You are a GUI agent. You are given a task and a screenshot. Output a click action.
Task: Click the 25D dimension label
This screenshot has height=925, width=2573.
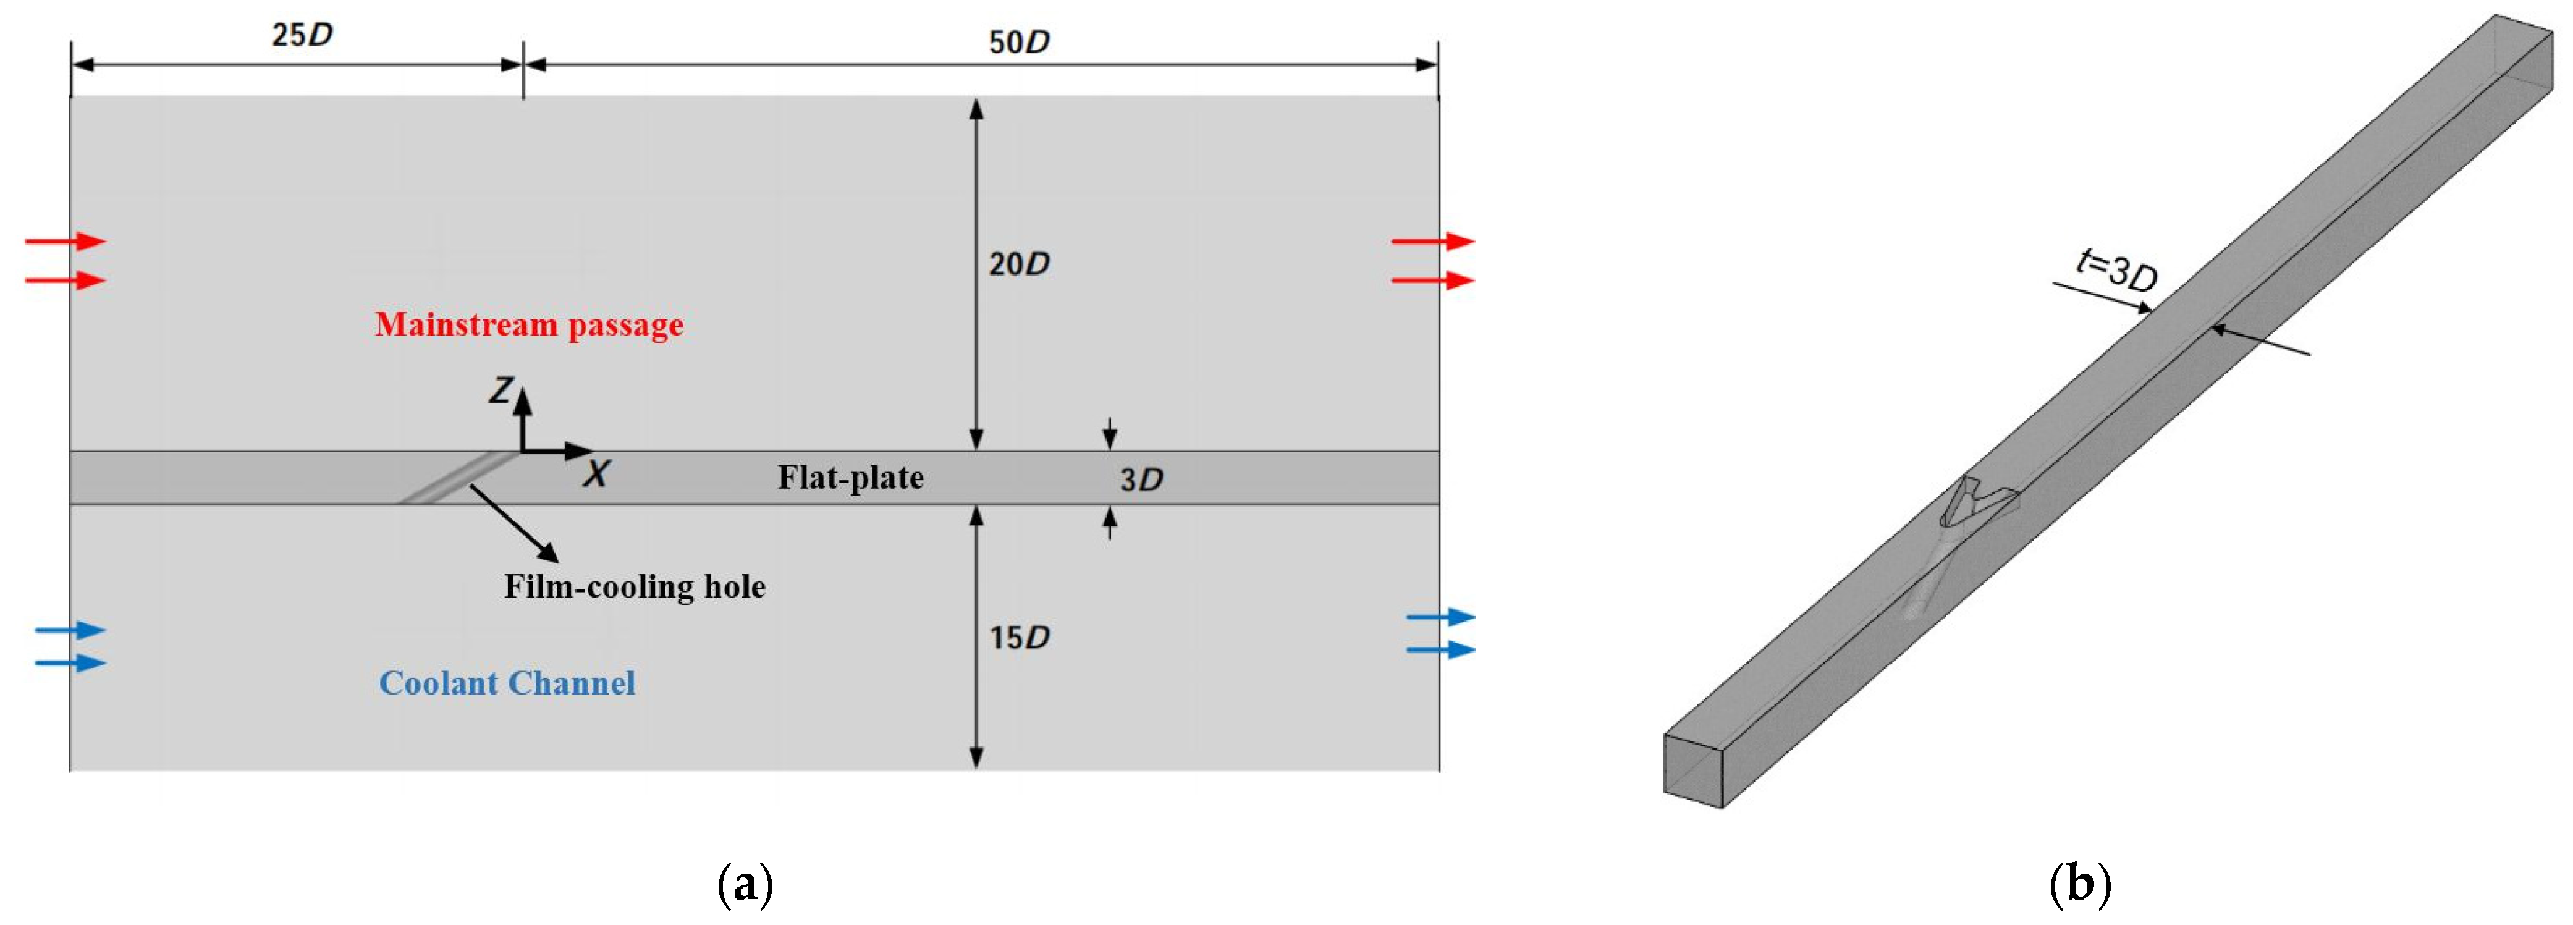click(303, 35)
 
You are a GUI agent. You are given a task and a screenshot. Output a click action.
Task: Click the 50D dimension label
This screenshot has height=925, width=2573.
click(1019, 42)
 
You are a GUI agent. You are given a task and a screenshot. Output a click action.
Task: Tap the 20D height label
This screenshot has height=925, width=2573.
click(1019, 264)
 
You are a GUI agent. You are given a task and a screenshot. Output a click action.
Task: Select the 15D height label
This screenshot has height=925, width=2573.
click(1019, 637)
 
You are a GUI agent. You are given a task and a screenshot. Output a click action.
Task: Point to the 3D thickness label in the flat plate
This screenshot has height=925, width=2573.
click(1141, 479)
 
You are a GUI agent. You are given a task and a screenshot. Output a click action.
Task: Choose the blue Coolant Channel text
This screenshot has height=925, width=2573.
click(507, 683)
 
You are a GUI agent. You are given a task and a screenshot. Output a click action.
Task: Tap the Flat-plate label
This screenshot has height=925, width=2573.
click(850, 478)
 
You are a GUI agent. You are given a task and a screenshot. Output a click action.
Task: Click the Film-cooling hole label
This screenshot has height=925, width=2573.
click(634, 586)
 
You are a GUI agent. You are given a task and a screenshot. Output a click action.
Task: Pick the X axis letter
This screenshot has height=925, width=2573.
click(596, 473)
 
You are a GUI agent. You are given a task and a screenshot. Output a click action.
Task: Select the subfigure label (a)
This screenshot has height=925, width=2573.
click(745, 884)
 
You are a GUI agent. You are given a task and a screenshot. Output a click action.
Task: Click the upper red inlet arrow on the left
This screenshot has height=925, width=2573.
click(65, 241)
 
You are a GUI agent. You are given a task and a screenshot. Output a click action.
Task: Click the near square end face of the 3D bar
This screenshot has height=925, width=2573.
click(1693, 770)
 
